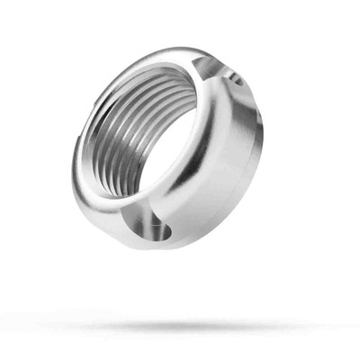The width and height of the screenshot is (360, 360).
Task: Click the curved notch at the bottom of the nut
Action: pos(153,230)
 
